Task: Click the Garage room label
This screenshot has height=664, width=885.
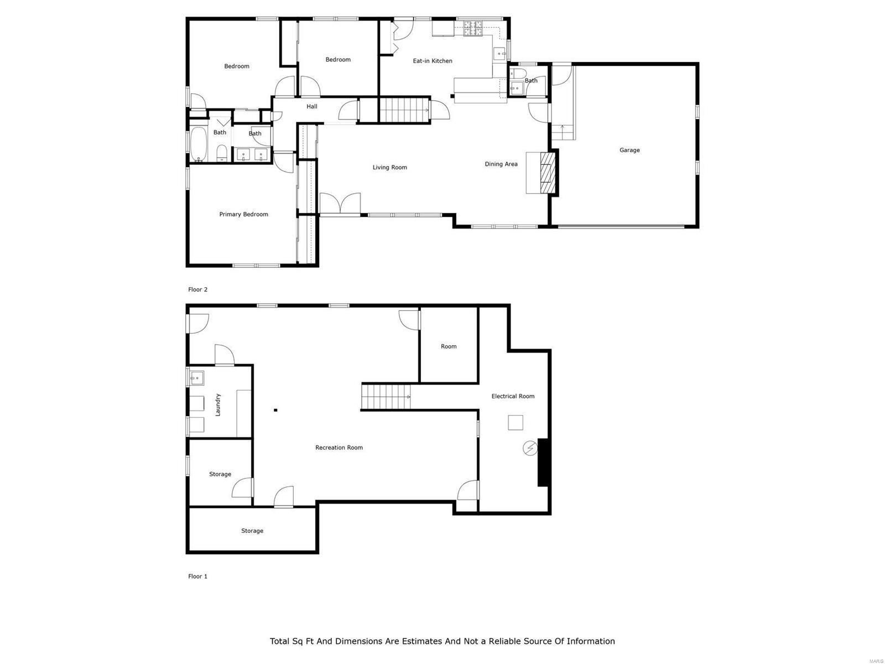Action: click(x=629, y=150)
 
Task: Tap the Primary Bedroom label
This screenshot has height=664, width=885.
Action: click(x=243, y=214)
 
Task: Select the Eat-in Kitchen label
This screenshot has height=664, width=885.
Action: click(x=433, y=61)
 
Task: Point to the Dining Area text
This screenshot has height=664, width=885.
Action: click(x=501, y=164)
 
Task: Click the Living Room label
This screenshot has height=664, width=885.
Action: click(x=389, y=167)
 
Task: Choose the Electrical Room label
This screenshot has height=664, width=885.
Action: click(x=513, y=396)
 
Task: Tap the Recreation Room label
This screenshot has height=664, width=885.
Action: click(x=339, y=448)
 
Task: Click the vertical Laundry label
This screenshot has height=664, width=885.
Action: click(x=218, y=404)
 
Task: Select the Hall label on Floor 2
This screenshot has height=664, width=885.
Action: click(x=312, y=106)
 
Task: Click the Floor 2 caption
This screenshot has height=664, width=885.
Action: click(x=197, y=289)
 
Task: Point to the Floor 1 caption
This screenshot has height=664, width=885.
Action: click(x=197, y=576)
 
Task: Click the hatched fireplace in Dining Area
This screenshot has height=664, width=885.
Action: click(x=547, y=173)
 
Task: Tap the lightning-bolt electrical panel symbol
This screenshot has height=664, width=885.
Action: click(x=529, y=448)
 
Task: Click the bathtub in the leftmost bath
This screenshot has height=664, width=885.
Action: click(x=197, y=144)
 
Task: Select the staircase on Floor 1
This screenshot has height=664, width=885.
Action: click(x=386, y=397)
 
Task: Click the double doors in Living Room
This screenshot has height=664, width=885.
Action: click(x=340, y=204)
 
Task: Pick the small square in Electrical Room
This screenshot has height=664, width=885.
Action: click(x=516, y=423)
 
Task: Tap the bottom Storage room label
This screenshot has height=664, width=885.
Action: click(x=252, y=531)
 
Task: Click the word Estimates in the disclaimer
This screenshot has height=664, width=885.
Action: click(x=419, y=641)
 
